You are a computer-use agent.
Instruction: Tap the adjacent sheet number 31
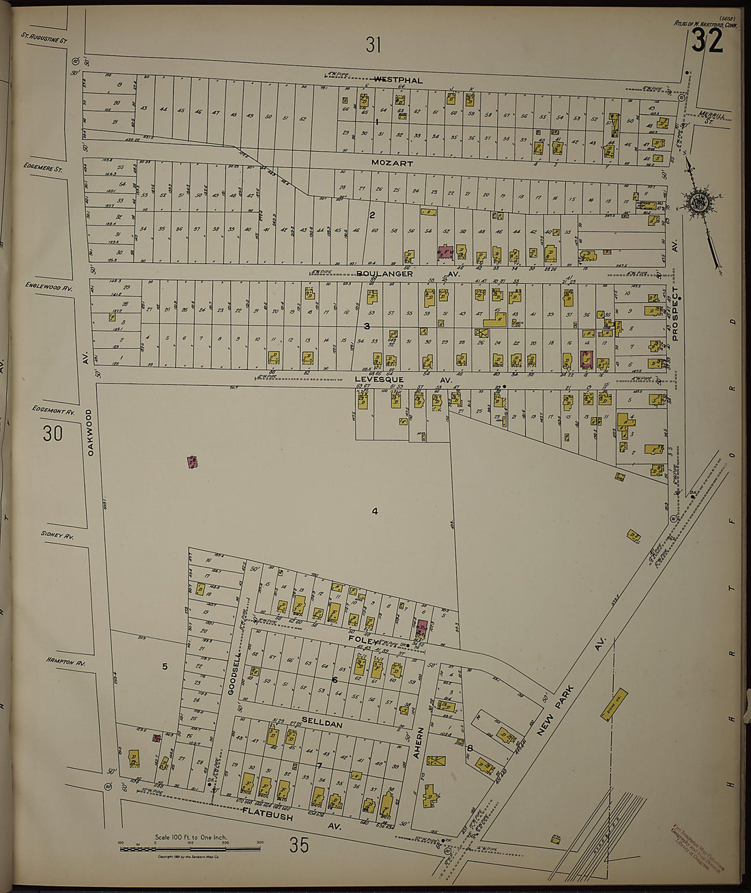(373, 46)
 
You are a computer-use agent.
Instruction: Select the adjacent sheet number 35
(298, 845)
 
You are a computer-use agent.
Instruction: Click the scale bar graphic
(190, 848)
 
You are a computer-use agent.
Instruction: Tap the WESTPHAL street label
(397, 80)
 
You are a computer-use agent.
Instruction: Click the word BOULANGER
(384, 273)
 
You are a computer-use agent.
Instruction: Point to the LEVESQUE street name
(379, 379)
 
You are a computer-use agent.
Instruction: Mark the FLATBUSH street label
(268, 815)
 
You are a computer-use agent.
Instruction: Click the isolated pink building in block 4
(193, 462)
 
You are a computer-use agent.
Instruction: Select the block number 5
(164, 666)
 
